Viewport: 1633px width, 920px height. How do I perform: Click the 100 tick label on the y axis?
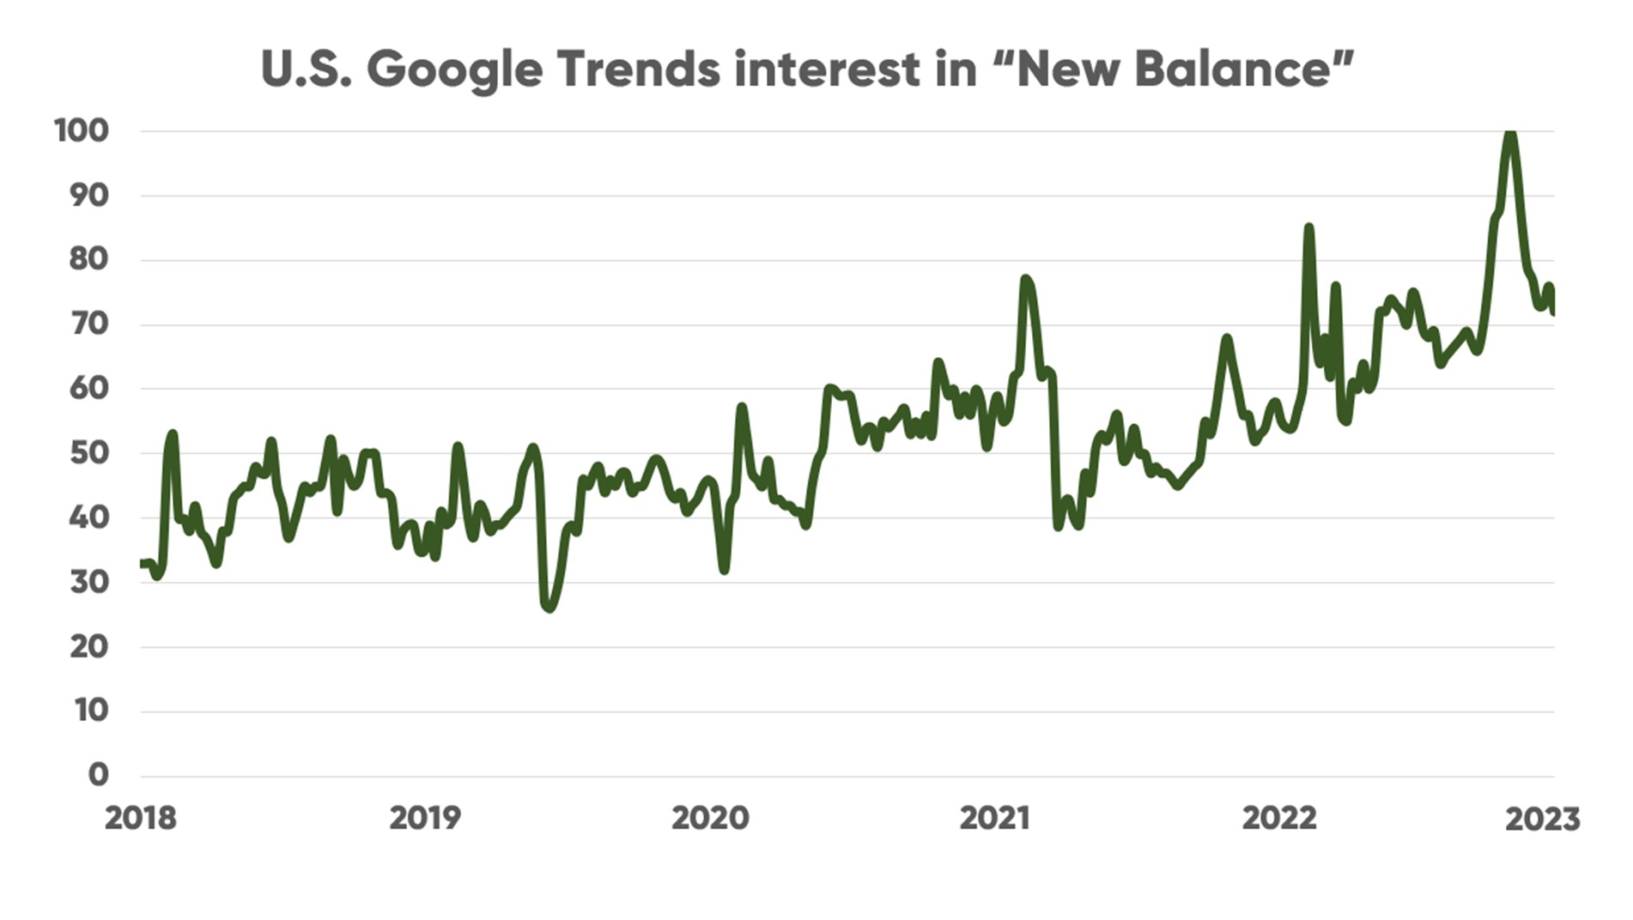point(82,131)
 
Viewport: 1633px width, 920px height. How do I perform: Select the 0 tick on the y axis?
point(99,775)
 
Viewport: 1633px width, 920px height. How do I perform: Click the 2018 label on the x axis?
point(140,819)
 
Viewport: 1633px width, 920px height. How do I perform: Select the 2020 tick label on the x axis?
point(709,819)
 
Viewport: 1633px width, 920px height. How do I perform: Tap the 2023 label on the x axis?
point(1542,820)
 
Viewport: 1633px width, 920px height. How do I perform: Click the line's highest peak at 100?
point(1510,134)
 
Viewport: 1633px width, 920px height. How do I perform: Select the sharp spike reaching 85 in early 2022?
point(1308,228)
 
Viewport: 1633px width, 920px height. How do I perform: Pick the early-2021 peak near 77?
point(1025,280)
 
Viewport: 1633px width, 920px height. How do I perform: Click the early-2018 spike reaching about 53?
point(173,435)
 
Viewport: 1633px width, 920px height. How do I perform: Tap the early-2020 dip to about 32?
point(725,569)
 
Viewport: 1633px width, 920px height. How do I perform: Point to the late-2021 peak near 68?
point(1226,339)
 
